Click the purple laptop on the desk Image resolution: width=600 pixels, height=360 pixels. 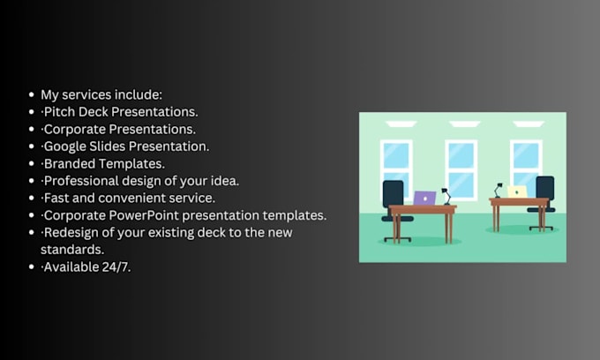[x=424, y=198]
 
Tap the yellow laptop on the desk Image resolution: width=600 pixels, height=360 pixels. [x=517, y=191]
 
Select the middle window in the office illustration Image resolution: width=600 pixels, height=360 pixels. [x=461, y=169]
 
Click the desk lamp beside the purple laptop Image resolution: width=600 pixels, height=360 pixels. [x=446, y=195]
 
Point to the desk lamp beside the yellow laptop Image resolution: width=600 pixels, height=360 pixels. [x=499, y=190]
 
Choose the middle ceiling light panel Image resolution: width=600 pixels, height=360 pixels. [x=461, y=124]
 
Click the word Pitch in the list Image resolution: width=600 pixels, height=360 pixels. [x=59, y=111]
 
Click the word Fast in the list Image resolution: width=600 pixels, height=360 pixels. [x=56, y=198]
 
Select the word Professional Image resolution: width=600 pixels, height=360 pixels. [x=82, y=181]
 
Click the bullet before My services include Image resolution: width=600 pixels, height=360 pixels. [x=32, y=94]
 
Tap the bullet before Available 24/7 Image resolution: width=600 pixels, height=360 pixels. [x=32, y=266]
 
